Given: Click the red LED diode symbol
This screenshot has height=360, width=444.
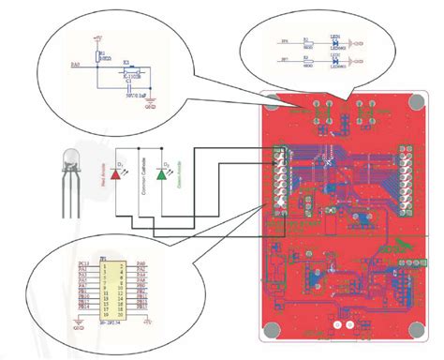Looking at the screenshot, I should (117, 172).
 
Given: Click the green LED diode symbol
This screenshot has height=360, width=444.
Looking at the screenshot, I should (161, 172).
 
